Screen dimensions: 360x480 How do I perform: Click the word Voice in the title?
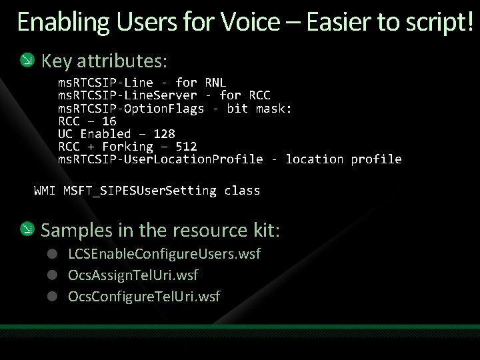point(249,22)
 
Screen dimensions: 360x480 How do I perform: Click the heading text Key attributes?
point(105,61)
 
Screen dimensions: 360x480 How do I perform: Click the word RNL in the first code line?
point(215,83)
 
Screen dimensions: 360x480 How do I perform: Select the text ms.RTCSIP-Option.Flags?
point(131,108)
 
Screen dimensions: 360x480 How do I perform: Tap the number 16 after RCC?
point(109,121)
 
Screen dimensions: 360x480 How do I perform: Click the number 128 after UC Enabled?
point(164,133)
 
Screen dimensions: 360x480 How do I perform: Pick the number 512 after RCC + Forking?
point(186,146)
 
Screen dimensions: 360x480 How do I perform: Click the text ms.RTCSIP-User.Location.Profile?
point(161,159)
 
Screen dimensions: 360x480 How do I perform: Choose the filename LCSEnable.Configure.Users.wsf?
point(164,255)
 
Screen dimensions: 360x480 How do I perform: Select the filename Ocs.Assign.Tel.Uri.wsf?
point(133,275)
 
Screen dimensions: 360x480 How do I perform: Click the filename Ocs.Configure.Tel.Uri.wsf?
point(144,295)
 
